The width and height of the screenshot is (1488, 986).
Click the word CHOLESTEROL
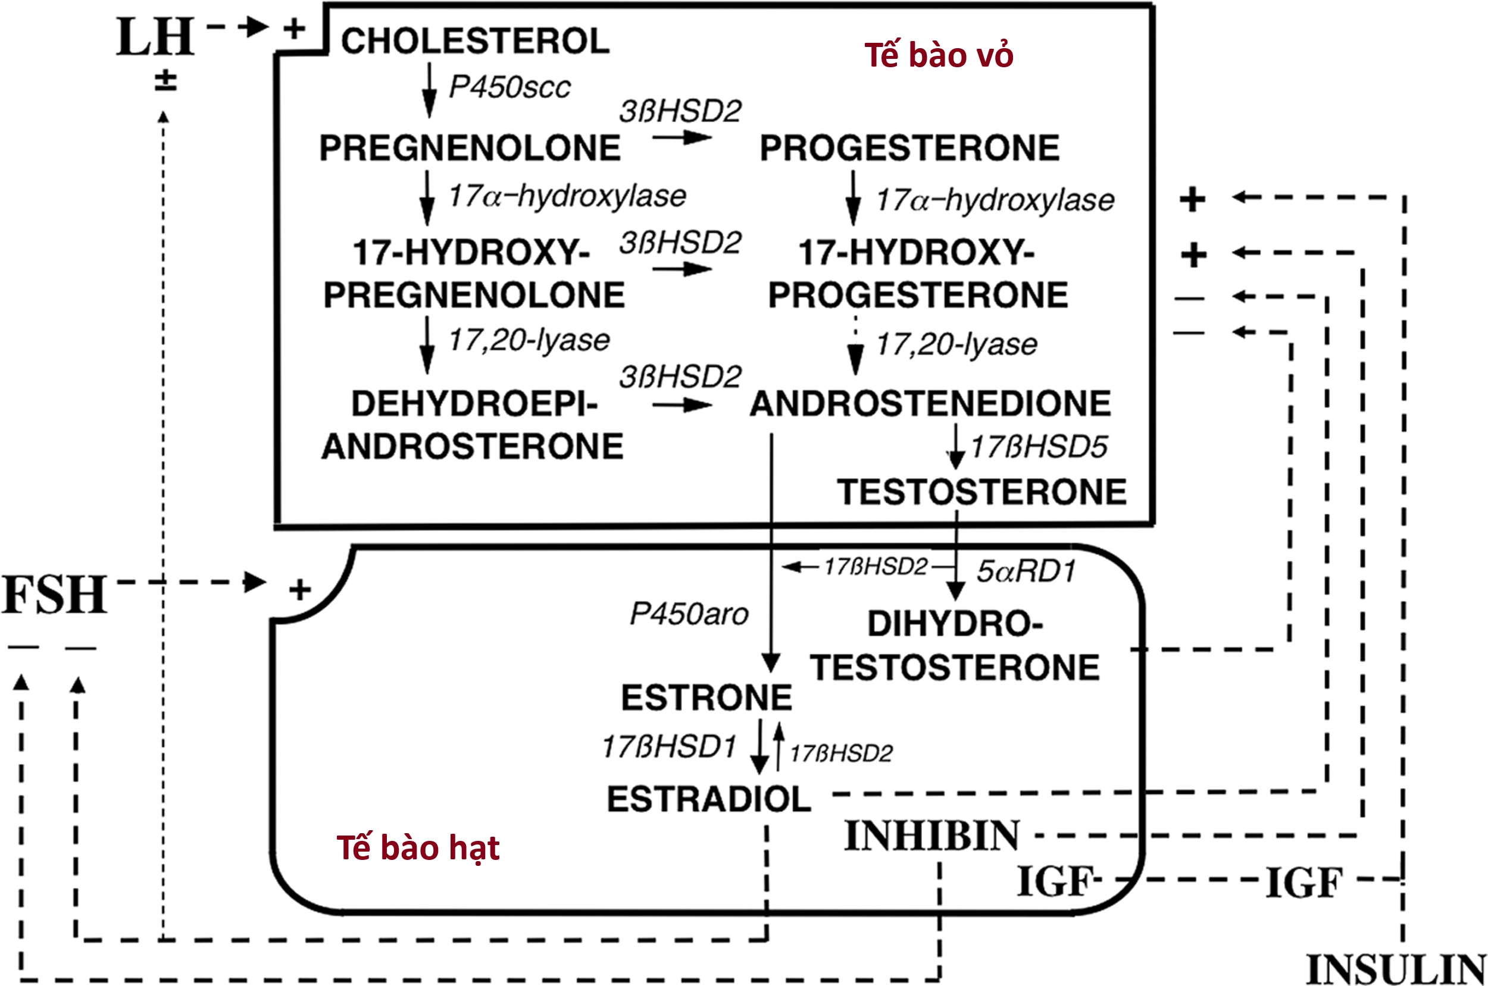tap(475, 41)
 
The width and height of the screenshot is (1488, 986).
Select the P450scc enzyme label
tap(509, 87)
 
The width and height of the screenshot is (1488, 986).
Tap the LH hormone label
tap(155, 37)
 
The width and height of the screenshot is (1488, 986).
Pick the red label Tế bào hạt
tap(418, 848)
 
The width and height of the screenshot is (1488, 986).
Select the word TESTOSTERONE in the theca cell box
tap(981, 492)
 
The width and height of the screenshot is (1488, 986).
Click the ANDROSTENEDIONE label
tap(930, 403)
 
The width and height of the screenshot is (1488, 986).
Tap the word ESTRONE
tap(706, 698)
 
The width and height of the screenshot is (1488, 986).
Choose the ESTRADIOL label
tap(708, 799)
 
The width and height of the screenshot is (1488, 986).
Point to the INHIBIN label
tap(931, 836)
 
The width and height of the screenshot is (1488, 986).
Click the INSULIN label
tap(1396, 969)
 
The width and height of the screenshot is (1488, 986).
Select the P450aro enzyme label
tap(689, 614)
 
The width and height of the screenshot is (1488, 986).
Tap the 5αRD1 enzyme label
tap(1026, 571)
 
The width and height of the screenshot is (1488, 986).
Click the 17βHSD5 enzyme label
tap(1039, 447)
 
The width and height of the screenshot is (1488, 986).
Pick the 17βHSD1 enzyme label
tap(669, 747)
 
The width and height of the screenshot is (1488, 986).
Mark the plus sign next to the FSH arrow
tap(299, 590)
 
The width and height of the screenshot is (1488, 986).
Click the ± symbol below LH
tap(165, 81)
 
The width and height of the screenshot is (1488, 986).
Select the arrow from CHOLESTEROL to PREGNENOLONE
tap(429, 90)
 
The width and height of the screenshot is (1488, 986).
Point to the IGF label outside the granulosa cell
tap(1303, 883)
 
